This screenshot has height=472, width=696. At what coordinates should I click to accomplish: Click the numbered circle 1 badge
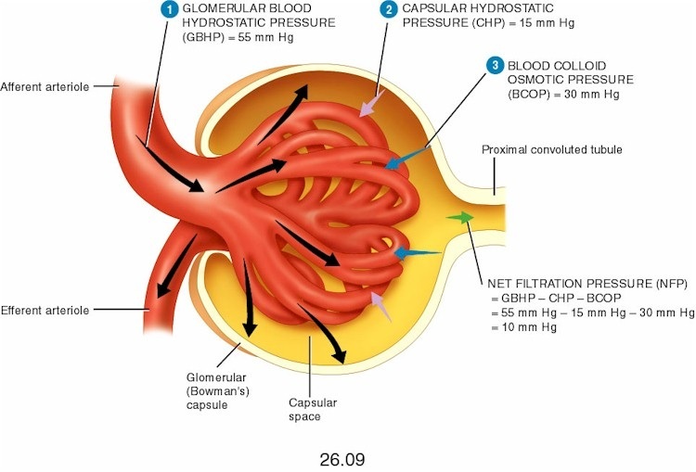(168, 9)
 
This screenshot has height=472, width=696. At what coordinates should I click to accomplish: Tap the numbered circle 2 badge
(388, 9)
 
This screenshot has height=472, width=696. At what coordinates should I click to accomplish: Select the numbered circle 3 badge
(496, 65)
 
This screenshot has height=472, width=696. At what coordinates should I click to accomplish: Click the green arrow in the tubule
(458, 217)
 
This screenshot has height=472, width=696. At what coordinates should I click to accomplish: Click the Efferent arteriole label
(45, 310)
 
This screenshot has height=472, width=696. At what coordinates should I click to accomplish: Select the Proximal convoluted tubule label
(551, 149)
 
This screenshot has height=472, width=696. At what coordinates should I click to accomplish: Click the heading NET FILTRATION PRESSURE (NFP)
(585, 283)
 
